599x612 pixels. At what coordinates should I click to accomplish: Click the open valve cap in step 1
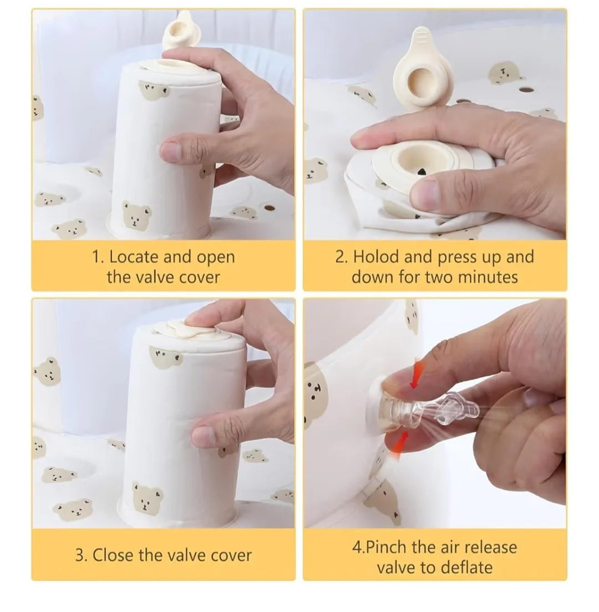pos(179,31)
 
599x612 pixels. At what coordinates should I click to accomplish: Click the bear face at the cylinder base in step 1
pos(136,216)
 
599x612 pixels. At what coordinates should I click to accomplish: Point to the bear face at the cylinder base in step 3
pos(147,497)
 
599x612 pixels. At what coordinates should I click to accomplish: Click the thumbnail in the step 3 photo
pos(203,436)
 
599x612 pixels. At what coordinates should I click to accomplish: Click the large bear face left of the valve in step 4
pos(316,394)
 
